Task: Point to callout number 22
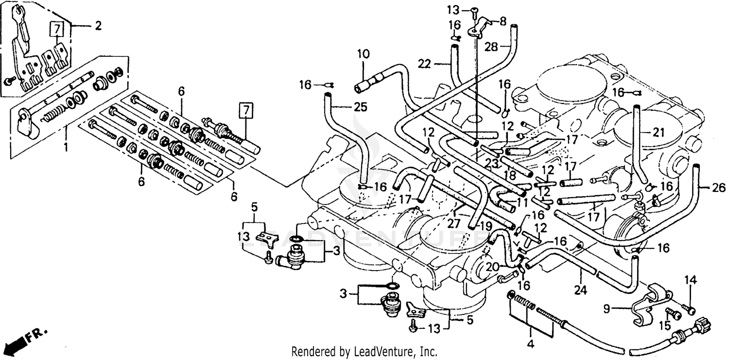pos(424,64)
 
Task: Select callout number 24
pos(581,291)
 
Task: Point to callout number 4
pos(530,344)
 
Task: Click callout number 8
pos(503,21)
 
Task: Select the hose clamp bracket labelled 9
pos(651,304)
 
